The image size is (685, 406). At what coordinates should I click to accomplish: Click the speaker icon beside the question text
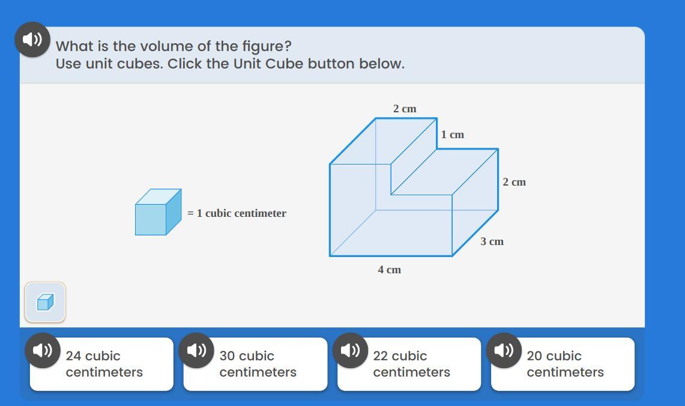[x=33, y=39]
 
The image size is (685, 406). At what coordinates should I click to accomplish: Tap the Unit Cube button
[x=45, y=302]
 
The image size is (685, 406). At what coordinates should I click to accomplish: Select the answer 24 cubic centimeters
[x=102, y=364]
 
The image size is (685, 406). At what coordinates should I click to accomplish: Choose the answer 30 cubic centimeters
[x=256, y=364]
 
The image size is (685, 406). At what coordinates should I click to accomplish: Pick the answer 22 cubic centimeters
[x=409, y=364]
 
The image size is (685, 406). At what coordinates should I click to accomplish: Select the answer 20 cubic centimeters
[x=563, y=364]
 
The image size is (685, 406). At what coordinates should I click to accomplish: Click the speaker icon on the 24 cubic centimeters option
[x=43, y=351]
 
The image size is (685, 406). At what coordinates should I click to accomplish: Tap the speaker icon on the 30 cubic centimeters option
[x=196, y=351]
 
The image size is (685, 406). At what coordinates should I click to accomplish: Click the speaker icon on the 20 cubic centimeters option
[x=504, y=351]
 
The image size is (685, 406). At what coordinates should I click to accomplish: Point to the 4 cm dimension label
[x=389, y=270]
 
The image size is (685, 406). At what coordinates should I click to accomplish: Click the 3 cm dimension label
[x=492, y=241]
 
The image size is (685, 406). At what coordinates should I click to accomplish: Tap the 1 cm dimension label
[x=452, y=135]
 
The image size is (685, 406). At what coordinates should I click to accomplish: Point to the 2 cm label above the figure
[x=405, y=108]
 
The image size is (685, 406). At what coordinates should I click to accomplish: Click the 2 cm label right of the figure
[x=514, y=182]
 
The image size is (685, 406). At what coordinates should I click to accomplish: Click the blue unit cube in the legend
[x=158, y=212]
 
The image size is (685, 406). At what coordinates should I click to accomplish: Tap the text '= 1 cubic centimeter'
[x=237, y=213]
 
